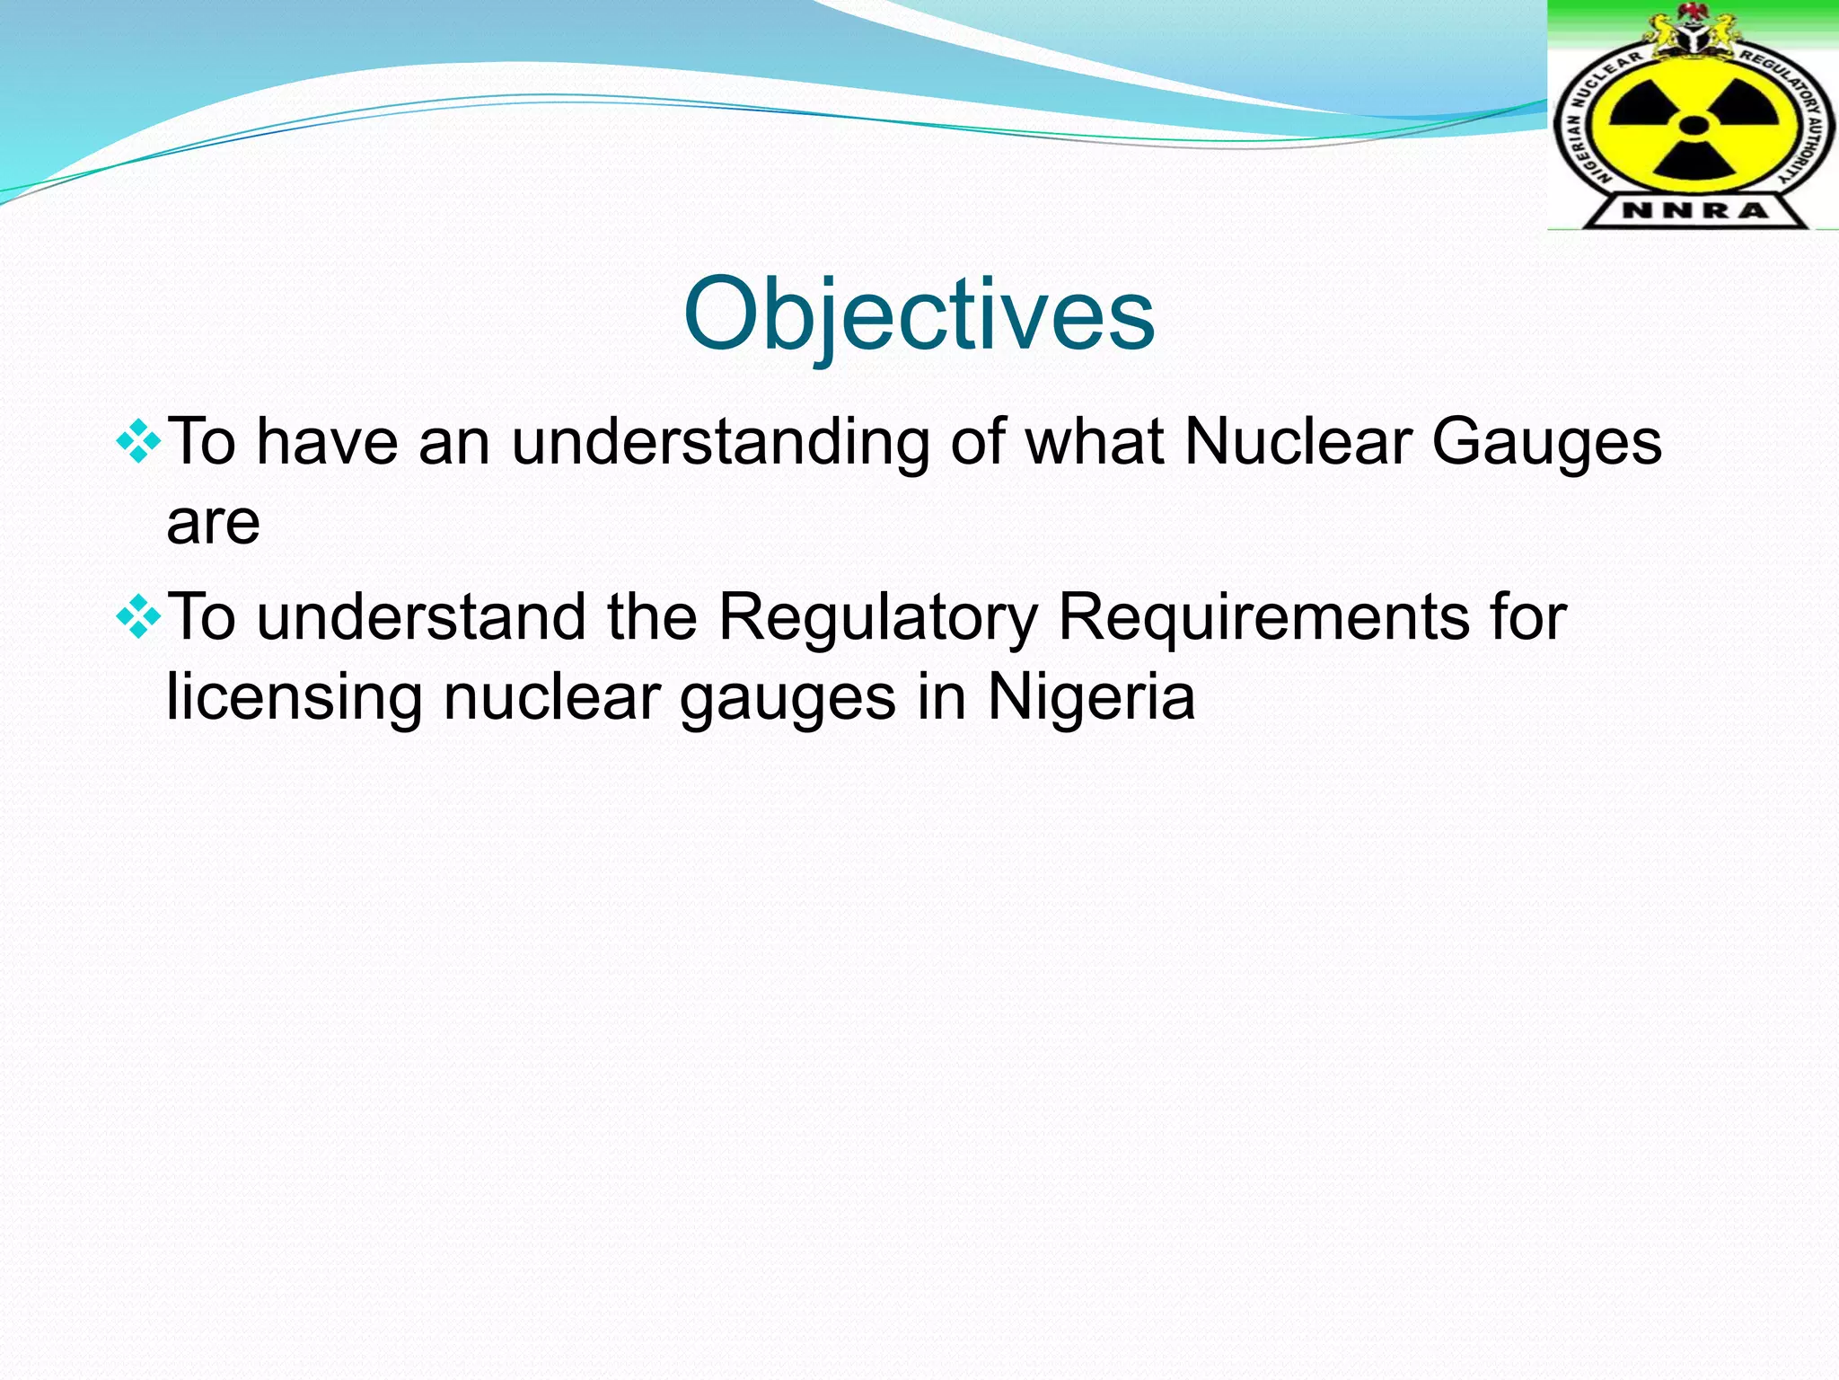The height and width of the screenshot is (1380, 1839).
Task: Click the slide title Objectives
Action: point(919,314)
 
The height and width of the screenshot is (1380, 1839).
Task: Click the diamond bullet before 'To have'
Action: point(139,442)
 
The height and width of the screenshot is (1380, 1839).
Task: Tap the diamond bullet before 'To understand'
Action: point(139,617)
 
